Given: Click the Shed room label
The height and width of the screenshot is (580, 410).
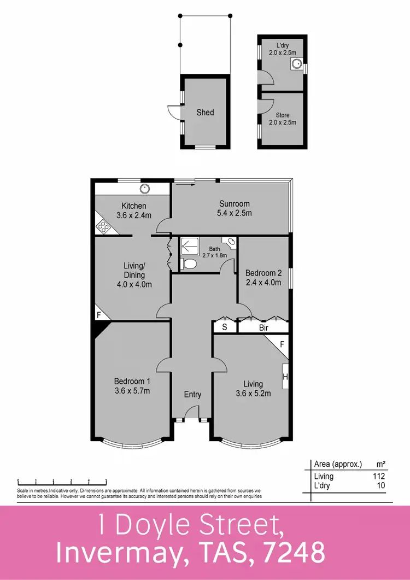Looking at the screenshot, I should pyautogui.click(x=205, y=113).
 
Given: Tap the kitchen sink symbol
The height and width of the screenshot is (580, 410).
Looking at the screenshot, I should pyautogui.click(x=145, y=189).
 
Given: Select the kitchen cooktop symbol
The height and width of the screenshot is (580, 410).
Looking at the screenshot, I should pyautogui.click(x=103, y=226).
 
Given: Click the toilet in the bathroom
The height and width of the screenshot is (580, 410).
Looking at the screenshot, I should pyautogui.click(x=189, y=265).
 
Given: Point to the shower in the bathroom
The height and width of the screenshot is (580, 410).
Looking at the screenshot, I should pyautogui.click(x=191, y=247).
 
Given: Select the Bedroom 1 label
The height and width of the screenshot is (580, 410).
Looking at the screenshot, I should pyautogui.click(x=131, y=382).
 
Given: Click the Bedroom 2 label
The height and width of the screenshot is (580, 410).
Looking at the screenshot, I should pyautogui.click(x=263, y=273).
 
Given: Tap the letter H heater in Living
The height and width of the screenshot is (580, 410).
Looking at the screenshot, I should pyautogui.click(x=285, y=376).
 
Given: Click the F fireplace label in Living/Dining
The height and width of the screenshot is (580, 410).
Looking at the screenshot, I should pyautogui.click(x=99, y=315).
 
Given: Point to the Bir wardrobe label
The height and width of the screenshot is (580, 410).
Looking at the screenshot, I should pyautogui.click(x=263, y=328).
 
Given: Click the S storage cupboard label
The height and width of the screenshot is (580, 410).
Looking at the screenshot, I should pyautogui.click(x=224, y=328).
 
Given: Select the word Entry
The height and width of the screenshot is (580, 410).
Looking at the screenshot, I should pyautogui.click(x=192, y=395).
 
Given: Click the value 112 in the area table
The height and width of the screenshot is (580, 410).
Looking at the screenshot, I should pyautogui.click(x=379, y=476).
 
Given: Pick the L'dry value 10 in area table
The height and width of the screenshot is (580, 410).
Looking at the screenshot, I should pyautogui.click(x=382, y=485).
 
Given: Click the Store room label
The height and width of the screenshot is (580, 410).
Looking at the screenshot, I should pyautogui.click(x=282, y=115).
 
